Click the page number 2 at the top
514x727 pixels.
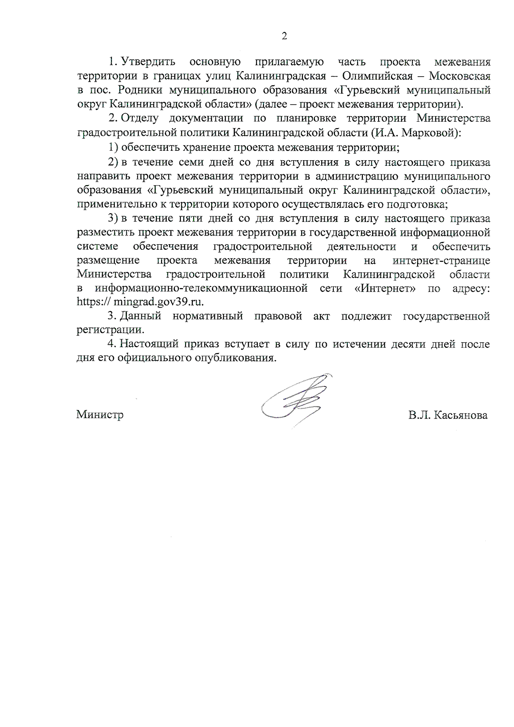pos(284,36)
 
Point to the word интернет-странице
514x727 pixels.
pos(441,260)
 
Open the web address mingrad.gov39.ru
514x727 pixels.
pos(158,302)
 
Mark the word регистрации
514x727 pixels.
pos(110,330)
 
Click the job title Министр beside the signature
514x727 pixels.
pos(100,415)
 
